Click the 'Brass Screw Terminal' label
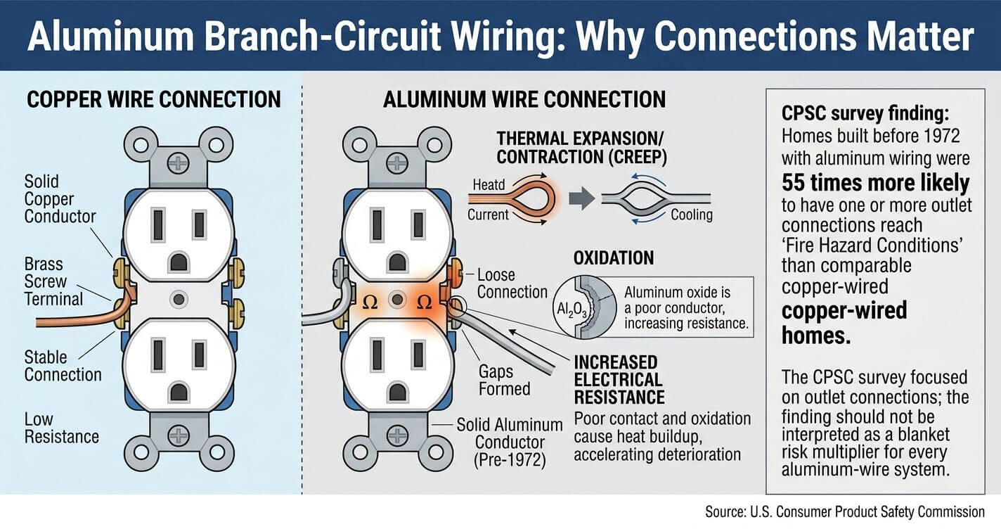pyautogui.click(x=53, y=281)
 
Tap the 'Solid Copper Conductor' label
pyautogui.click(x=60, y=199)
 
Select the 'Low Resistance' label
pyautogui.click(x=62, y=428)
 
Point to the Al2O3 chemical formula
pyautogui.click(x=571, y=310)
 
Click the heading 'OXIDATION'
pyautogui.click(x=614, y=258)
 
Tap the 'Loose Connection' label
pyautogui.click(x=512, y=283)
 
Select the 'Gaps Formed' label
pyautogui.click(x=505, y=380)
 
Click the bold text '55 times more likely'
pyautogui.click(x=875, y=182)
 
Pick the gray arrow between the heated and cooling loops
pyautogui.click(x=581, y=199)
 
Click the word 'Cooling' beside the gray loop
pyautogui.click(x=692, y=215)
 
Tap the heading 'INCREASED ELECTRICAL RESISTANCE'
pyautogui.click(x=619, y=380)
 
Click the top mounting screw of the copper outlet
pyautogui.click(x=178, y=164)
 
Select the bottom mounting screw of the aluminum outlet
pyautogui.click(x=397, y=435)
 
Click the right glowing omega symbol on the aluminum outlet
pyautogui.click(x=424, y=302)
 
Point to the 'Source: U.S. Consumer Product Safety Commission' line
pyautogui.click(x=845, y=511)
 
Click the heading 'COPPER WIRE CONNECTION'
pyautogui.click(x=154, y=99)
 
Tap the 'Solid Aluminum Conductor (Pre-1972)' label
pyautogui.click(x=510, y=442)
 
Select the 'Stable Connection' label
pyautogui.click(x=63, y=366)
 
